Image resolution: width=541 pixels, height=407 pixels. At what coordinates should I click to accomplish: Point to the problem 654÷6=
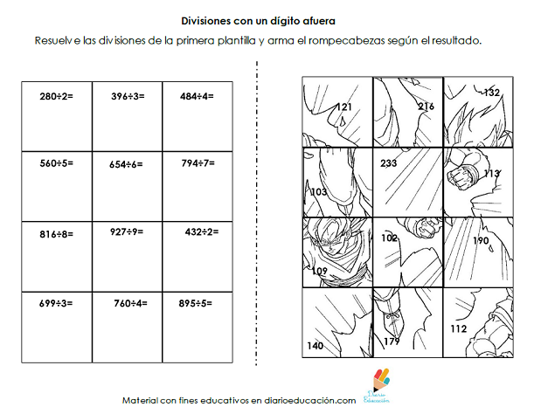128,163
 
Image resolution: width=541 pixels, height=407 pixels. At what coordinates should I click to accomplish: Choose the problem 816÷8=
56,234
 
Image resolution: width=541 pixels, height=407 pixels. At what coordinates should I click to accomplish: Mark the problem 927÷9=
127,232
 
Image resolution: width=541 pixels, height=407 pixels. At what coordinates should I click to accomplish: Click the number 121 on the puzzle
344,107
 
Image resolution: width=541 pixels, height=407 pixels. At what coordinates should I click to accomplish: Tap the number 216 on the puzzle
426,107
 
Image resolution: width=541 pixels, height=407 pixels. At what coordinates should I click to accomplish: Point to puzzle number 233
389,162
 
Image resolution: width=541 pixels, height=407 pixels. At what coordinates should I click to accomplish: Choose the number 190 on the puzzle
481,240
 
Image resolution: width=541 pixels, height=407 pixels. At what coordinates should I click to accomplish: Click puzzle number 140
316,346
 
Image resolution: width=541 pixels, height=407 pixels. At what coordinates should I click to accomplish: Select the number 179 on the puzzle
391,341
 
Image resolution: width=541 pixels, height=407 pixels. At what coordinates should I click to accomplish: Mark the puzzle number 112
460,329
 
